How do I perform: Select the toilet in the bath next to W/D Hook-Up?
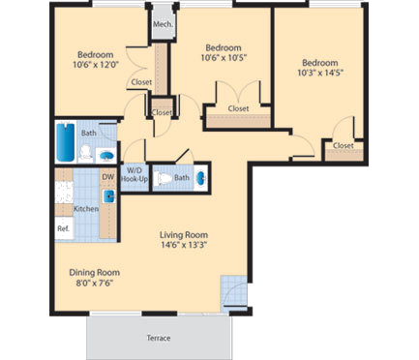(x=165, y=178)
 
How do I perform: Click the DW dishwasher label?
(x=107, y=178)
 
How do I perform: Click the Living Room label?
(x=184, y=235)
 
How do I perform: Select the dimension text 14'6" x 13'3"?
(x=184, y=245)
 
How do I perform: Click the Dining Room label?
(x=79, y=273)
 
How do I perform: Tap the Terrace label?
(x=159, y=338)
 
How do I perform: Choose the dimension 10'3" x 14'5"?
(x=321, y=71)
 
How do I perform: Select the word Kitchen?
(x=87, y=209)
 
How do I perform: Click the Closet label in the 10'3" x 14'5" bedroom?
(x=344, y=146)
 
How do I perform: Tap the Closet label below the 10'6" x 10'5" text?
(x=237, y=109)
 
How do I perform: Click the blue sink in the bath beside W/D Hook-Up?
(x=200, y=178)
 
